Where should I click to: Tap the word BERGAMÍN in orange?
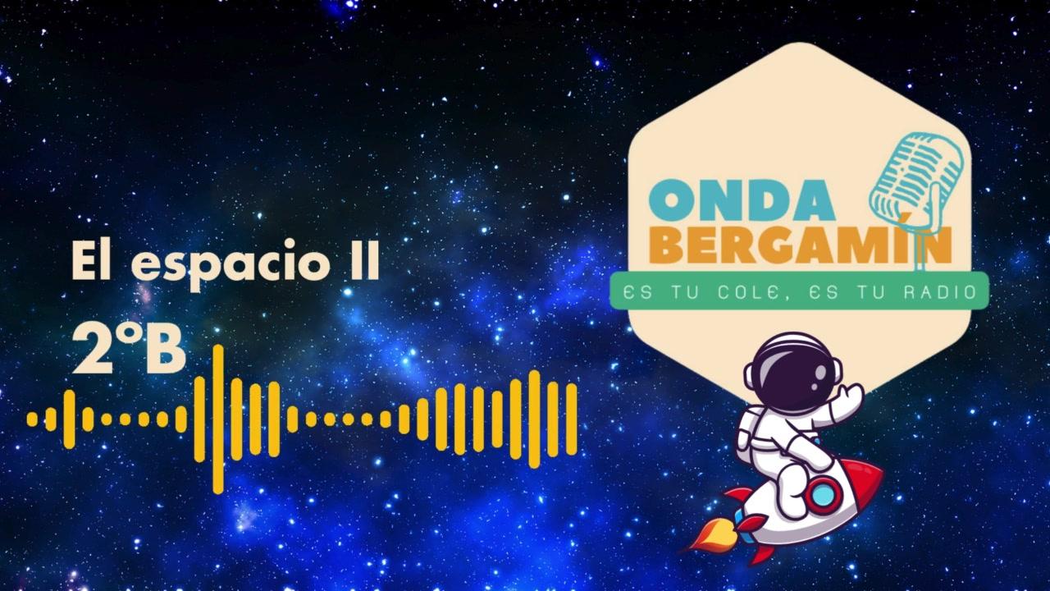(x=800, y=245)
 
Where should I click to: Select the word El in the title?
(x=97, y=259)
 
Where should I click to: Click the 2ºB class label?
(x=129, y=350)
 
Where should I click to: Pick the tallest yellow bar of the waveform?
(x=218, y=419)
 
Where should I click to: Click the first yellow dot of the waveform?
(x=32, y=419)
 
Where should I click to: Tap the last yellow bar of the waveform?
(x=572, y=419)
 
